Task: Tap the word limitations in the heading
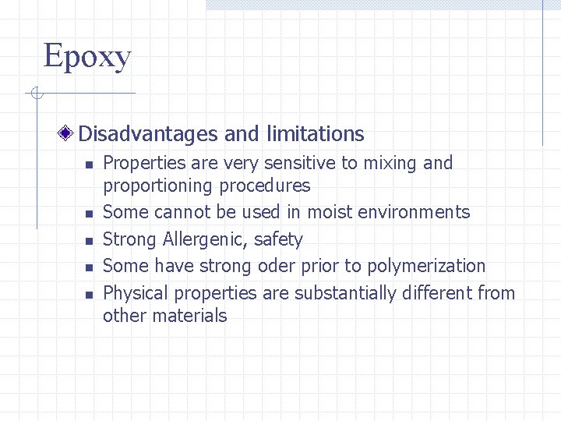315,134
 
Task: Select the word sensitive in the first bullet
300,163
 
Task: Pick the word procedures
264,186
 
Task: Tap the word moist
330,212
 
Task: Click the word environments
414,212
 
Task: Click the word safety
278,239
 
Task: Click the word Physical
135,293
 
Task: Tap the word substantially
344,293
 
